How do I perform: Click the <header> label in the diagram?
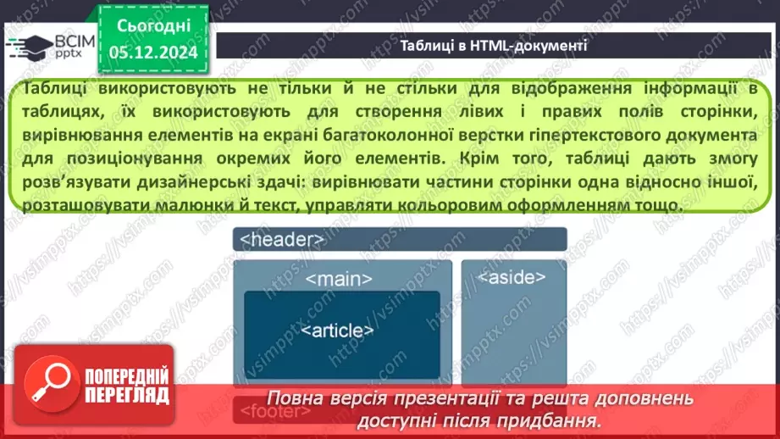(x=282, y=239)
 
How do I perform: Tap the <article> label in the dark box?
(x=337, y=331)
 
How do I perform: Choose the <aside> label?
(x=511, y=276)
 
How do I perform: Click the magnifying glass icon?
(x=48, y=385)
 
